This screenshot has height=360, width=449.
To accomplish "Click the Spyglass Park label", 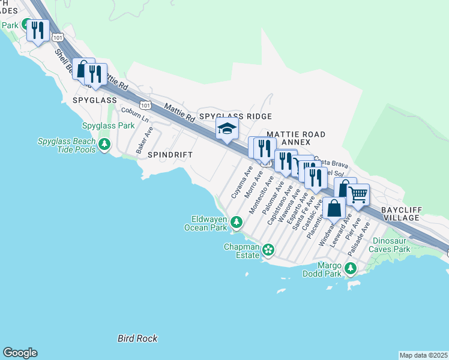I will (109, 125).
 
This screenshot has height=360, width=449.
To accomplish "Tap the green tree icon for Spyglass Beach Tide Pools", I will (104, 144).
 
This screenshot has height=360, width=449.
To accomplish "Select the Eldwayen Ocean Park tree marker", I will (237, 223).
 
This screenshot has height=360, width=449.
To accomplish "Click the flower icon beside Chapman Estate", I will (268, 249).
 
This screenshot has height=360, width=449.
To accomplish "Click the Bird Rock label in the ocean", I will (137, 338).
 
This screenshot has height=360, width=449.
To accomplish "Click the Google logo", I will (20, 353).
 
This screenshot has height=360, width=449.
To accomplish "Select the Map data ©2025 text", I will (423, 355).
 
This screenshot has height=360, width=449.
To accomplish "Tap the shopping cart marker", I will (358, 194).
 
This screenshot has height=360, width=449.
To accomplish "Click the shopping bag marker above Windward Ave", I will (335, 208).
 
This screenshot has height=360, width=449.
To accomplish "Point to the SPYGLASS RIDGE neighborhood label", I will (235, 116).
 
